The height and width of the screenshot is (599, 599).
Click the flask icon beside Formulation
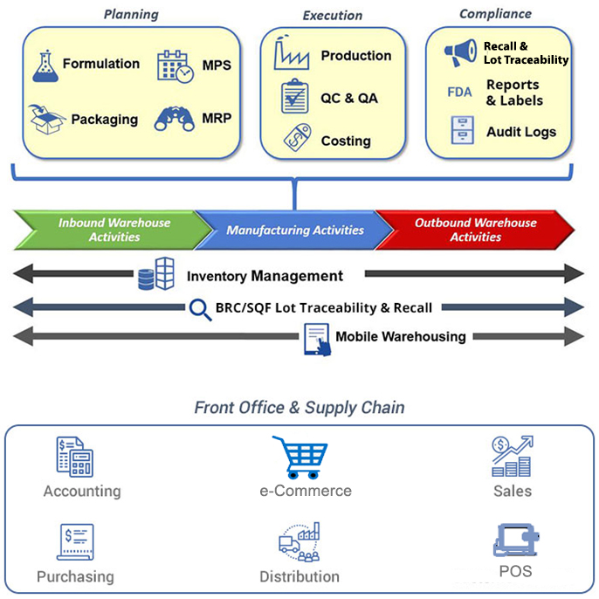click(45, 66)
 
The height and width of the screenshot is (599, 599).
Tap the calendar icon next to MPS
click(176, 66)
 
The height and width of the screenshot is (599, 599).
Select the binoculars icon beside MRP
click(175, 119)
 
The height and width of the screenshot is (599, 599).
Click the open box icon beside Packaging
click(46, 119)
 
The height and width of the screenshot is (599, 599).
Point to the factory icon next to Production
click(291, 52)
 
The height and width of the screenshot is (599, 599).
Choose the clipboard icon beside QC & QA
click(294, 96)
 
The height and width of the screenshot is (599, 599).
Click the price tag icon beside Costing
click(298, 138)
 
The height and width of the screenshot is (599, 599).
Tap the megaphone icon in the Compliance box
click(461, 52)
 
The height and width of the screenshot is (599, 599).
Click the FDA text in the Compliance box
click(459, 92)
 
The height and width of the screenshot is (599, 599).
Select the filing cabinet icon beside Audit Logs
click(462, 130)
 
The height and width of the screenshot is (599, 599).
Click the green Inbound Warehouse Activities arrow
click(111, 230)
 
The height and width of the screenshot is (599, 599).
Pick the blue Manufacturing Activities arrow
click(294, 230)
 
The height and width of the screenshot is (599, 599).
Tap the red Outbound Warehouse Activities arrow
click(475, 230)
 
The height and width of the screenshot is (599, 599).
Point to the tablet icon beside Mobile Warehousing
click(317, 340)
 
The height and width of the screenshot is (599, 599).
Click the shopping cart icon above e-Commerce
click(300, 458)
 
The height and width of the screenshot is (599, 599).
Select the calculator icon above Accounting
click(75, 457)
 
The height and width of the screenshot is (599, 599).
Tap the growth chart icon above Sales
click(513, 456)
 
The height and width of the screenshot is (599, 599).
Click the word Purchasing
click(75, 577)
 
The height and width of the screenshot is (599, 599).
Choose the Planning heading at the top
click(131, 15)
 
